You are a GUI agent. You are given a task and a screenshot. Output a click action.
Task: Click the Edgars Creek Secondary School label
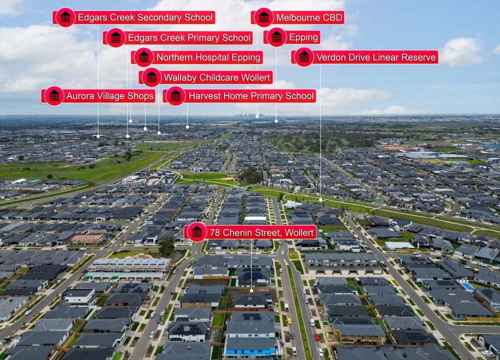[134, 17]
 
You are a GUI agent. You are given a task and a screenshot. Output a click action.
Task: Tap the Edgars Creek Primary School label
[177, 37]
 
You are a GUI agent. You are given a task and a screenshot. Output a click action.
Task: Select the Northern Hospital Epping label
[196, 57]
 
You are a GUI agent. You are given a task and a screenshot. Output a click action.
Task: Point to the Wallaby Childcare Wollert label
[205, 77]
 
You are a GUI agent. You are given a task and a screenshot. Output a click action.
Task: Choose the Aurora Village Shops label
[98, 96]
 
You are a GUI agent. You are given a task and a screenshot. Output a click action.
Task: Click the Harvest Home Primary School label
[239, 96]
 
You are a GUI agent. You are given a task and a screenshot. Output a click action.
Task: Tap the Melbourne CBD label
[297, 17]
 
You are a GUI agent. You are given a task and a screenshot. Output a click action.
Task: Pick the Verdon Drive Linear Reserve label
[365, 57]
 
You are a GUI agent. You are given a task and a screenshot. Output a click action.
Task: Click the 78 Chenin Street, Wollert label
[250, 232]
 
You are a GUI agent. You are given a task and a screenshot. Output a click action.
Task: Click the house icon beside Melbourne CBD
[264, 17]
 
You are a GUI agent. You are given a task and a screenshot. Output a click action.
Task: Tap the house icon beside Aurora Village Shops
[54, 95]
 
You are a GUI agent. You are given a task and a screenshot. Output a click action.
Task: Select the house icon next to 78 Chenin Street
[196, 232]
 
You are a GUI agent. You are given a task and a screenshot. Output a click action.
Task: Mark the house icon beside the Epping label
[276, 37]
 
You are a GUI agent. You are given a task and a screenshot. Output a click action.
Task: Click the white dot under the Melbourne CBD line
[257, 116]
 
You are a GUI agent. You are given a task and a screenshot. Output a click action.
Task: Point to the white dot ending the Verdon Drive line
[320, 200]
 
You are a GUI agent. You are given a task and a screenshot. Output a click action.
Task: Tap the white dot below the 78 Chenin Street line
[251, 291]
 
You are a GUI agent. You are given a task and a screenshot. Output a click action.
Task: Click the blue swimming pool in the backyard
[468, 286]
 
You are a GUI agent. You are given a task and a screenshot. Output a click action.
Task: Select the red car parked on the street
[316, 336]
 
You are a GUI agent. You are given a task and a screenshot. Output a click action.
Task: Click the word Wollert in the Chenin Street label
[299, 232]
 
